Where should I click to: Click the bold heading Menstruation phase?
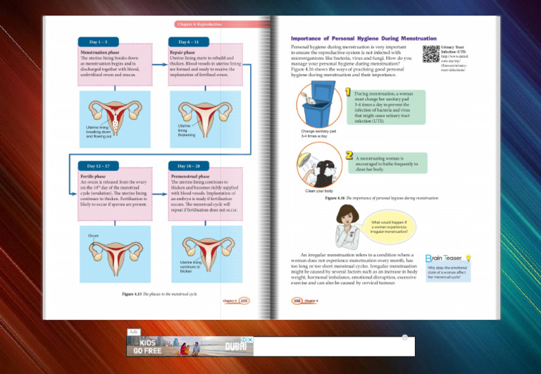tap(99, 52)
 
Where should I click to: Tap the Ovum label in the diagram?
tap(94, 235)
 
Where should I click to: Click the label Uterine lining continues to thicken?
tap(190, 266)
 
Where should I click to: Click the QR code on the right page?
tap(430, 53)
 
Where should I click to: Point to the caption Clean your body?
tap(319, 191)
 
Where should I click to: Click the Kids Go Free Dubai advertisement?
tap(189, 345)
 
